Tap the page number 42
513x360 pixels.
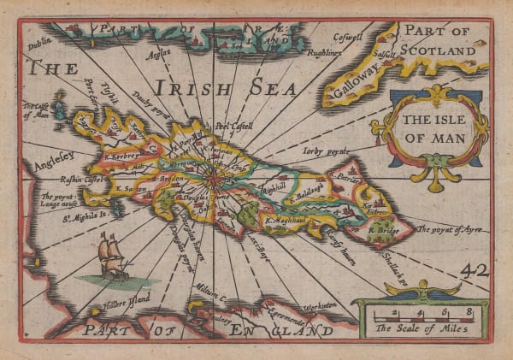coord(475,270)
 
